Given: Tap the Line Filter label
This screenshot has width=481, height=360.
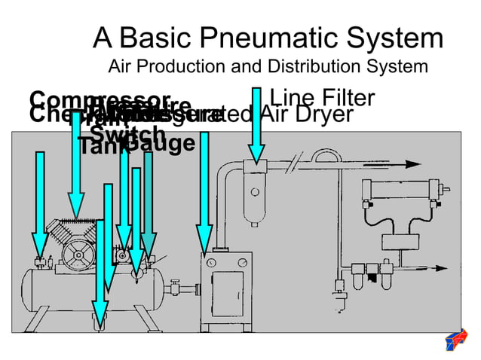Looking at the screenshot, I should point(322,98).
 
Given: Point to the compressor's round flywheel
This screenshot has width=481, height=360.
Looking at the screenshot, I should point(75,256).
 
